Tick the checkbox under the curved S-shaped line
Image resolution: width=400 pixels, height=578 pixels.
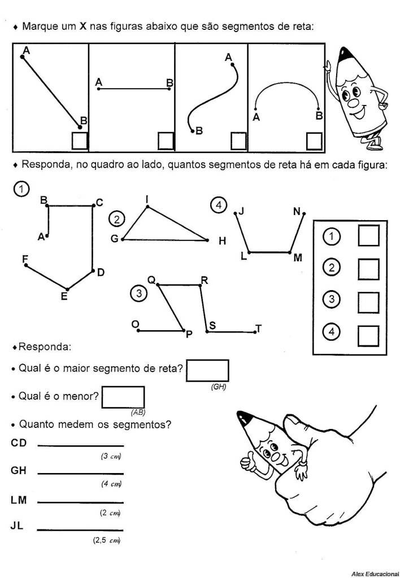pyautogui.click(x=238, y=141)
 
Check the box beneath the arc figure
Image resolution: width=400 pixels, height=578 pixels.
pyautogui.click(x=314, y=141)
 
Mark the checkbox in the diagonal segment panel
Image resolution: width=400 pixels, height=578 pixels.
pyautogui.click(x=80, y=141)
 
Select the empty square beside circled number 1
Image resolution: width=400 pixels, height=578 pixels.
pyautogui.click(x=368, y=236)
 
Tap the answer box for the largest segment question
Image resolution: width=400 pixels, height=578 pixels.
pyautogui.click(x=207, y=371)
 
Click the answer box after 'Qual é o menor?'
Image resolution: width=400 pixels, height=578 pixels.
pyautogui.click(x=123, y=397)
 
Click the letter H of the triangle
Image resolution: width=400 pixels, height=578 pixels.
pyautogui.click(x=222, y=241)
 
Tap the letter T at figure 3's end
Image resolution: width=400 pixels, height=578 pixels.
pyautogui.click(x=258, y=329)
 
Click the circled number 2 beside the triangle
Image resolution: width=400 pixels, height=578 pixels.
pyautogui.click(x=116, y=218)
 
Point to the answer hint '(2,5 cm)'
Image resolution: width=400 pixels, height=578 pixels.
pyautogui.click(x=107, y=540)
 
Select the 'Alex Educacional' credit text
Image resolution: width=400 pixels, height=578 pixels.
pyautogui.click(x=375, y=573)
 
